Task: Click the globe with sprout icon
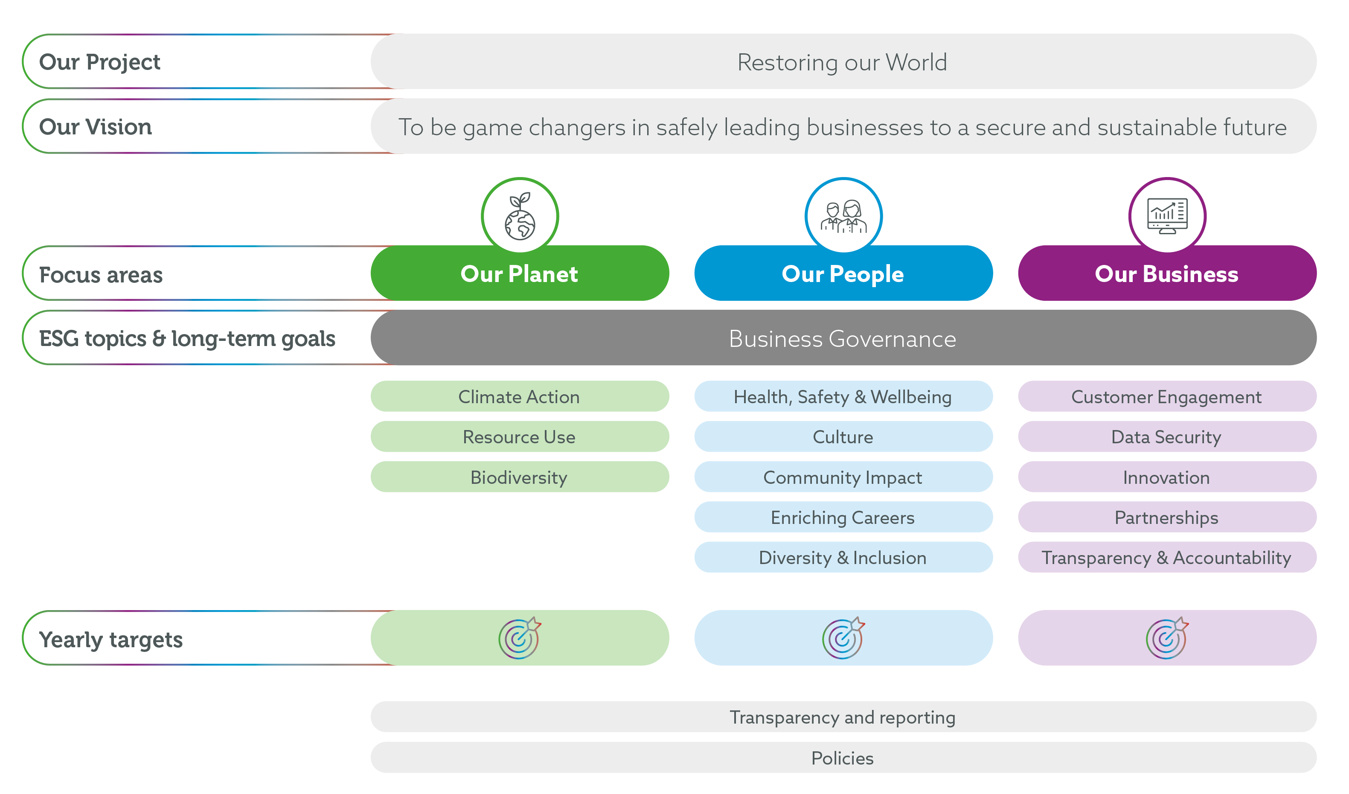tap(520, 216)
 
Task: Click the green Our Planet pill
tap(519, 274)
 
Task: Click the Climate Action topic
tap(519, 397)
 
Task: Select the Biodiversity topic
tap(519, 477)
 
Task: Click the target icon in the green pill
tap(519, 638)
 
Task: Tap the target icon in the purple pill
tap(1167, 638)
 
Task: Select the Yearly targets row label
tap(111, 639)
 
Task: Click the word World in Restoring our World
tap(916, 62)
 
